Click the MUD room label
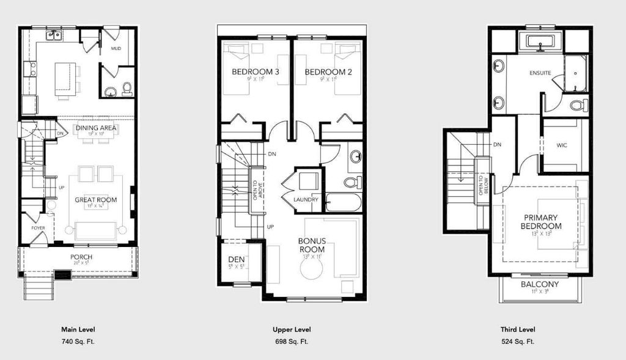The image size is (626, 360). (x=116, y=48)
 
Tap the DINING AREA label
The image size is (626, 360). (x=95, y=128)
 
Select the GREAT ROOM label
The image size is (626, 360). (x=95, y=200)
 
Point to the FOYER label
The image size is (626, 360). (x=39, y=228)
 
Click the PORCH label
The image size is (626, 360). (x=81, y=257)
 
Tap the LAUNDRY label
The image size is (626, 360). (x=305, y=200)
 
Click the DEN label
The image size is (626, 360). (x=235, y=259)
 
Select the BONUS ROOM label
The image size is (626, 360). (x=312, y=245)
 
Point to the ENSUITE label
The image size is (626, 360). (x=540, y=73)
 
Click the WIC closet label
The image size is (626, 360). (x=562, y=145)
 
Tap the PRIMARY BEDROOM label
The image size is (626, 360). (x=541, y=222)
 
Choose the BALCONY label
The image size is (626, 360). (x=541, y=285)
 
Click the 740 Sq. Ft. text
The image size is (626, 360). (x=78, y=342)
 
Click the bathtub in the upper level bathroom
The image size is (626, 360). (x=344, y=202)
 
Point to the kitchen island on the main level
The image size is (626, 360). (x=65, y=78)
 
